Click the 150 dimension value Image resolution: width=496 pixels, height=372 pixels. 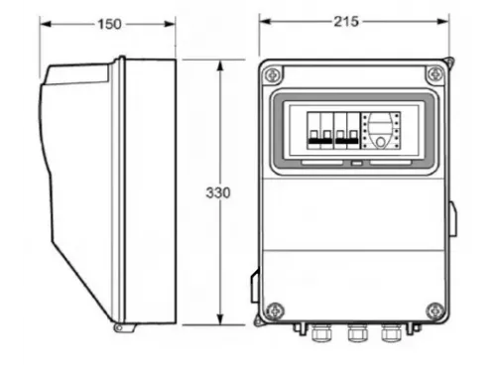(x=109, y=24)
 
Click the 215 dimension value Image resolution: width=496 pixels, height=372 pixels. (x=346, y=22)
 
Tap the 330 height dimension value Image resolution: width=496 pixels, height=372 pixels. (x=218, y=192)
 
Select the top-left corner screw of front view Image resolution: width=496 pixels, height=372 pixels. (x=273, y=75)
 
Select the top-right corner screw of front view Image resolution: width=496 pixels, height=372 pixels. (x=435, y=74)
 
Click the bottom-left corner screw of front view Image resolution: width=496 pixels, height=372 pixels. (x=275, y=310)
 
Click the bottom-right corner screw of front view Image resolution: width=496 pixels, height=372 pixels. (x=435, y=310)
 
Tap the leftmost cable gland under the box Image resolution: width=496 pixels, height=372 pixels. (x=321, y=332)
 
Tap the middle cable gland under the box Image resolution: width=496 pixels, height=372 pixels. (x=357, y=332)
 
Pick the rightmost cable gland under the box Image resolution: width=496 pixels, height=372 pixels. (x=391, y=332)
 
